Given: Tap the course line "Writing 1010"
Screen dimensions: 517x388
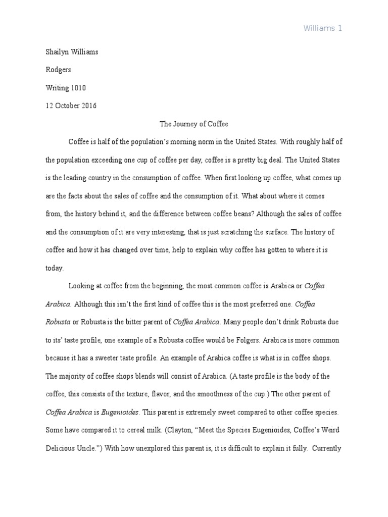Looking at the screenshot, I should coord(66,88).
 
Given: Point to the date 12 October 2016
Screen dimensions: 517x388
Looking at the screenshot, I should coord(71,106).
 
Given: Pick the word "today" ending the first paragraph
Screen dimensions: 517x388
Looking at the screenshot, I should coord(54,268).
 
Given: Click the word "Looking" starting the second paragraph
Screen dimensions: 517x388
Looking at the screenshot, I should coord(82,286).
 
